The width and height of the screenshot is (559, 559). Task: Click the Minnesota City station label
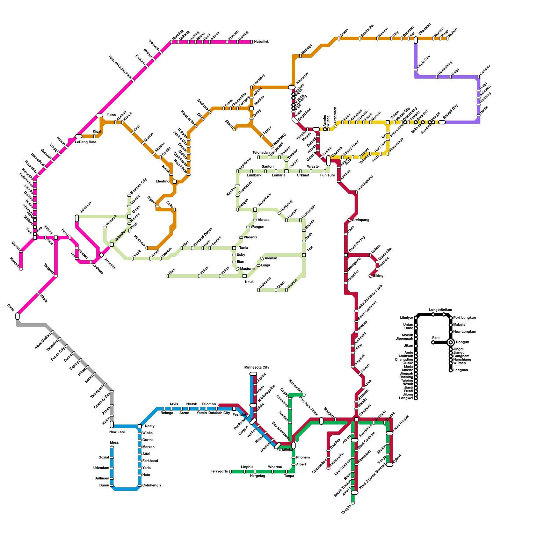point(257,368)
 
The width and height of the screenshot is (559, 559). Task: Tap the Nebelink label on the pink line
point(261,42)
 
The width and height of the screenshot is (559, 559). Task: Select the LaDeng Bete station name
point(86,142)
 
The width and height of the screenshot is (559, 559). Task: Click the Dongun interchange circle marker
point(451,342)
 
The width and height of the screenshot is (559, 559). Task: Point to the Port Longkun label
point(464,318)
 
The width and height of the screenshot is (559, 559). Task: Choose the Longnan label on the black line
point(460,370)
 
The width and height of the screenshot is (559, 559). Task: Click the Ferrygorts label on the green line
point(219,472)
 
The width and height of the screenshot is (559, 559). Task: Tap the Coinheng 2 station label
point(152,486)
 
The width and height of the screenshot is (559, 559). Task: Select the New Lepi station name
point(117,432)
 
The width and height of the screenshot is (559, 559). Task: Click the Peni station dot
point(433,342)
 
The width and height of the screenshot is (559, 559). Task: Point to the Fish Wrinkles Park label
point(120,67)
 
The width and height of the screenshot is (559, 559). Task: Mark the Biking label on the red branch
point(378,276)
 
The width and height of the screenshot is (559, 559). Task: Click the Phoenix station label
point(251,238)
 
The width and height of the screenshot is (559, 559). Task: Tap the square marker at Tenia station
point(234,248)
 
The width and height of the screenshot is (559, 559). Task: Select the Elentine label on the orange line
point(162,182)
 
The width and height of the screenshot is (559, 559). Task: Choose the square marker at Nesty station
point(140,426)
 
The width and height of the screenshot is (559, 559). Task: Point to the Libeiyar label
point(407,318)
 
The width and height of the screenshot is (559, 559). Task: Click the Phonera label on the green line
point(303,458)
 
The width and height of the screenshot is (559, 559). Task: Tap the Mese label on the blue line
point(114,443)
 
